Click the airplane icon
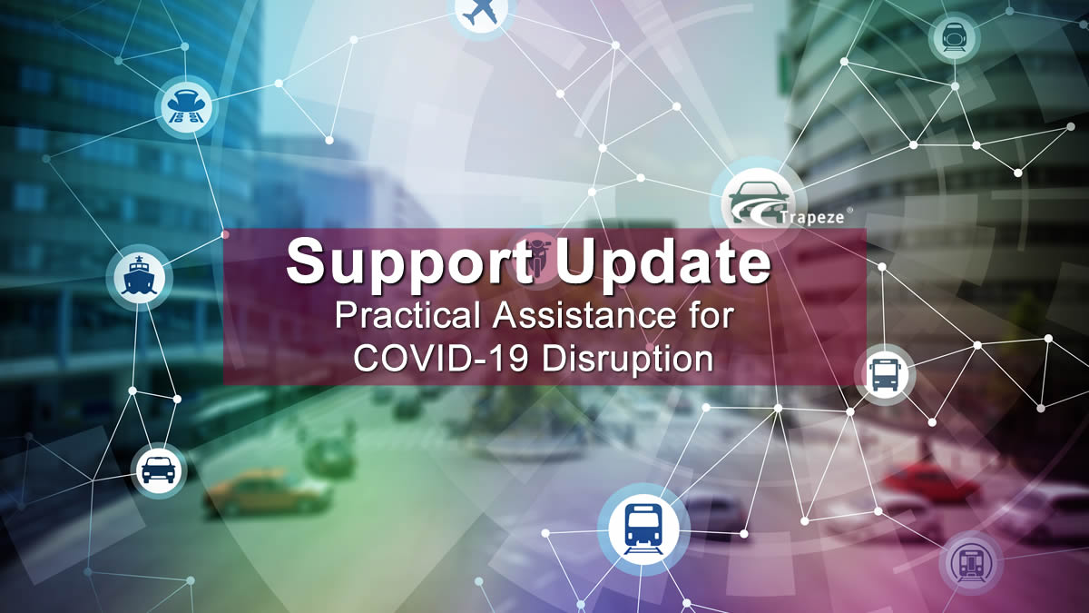click(x=480, y=13)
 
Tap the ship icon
click(x=140, y=276)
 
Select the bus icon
click(x=885, y=375)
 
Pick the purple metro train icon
click(x=971, y=563)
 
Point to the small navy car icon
click(x=159, y=470)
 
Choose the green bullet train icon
click(x=954, y=37)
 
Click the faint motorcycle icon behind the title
click(x=537, y=258)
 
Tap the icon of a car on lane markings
click(x=186, y=106)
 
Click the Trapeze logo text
click(x=812, y=217)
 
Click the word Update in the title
click(x=663, y=262)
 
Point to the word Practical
click(x=411, y=316)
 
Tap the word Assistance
click(x=584, y=316)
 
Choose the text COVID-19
click(x=440, y=359)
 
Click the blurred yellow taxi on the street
click(x=269, y=492)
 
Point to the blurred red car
click(x=929, y=481)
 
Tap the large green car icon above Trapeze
click(x=759, y=202)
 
